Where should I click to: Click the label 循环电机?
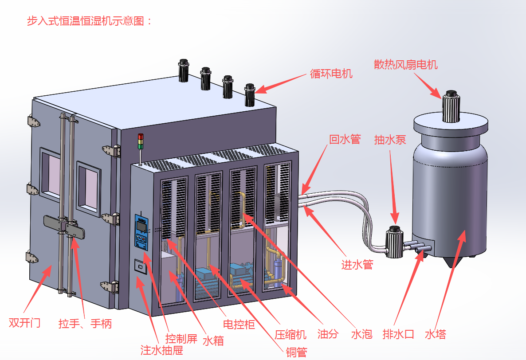coord(331,74)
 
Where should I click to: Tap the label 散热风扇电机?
coord(405,65)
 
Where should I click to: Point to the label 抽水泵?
coord(390,140)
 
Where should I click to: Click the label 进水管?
coord(357,265)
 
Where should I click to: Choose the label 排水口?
coord(398,334)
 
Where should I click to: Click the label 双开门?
coord(24,322)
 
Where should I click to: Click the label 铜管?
coord(296,352)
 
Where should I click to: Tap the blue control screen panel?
coord(141,230)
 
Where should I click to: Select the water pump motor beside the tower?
coord(394,242)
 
